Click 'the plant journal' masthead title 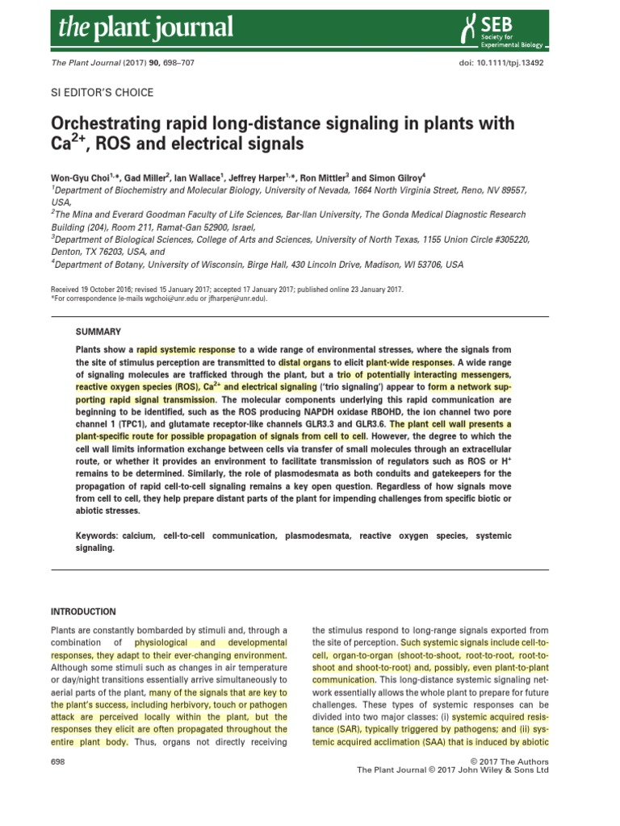[x=145, y=29]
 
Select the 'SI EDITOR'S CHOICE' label [x=102, y=93]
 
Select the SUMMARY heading [x=98, y=332]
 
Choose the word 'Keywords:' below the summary [x=103, y=536]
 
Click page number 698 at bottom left [x=59, y=761]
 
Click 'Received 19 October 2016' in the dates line [x=96, y=290]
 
